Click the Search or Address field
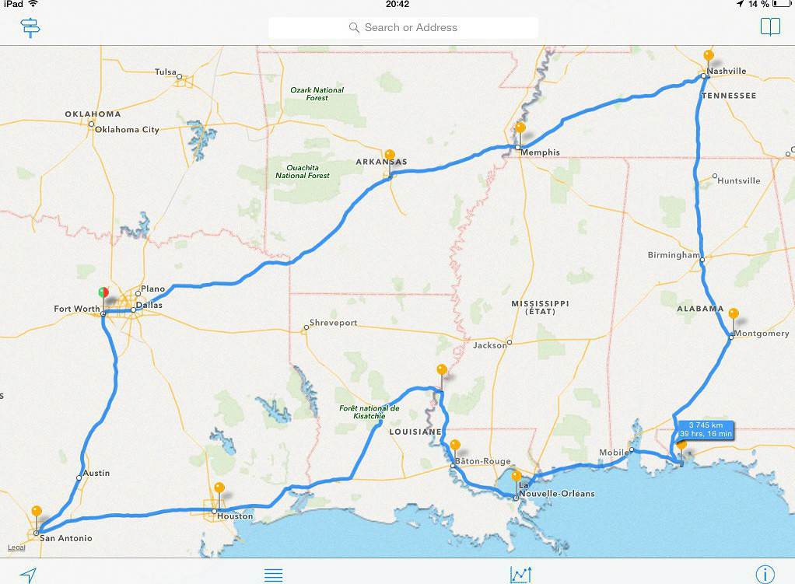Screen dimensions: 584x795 tap(403, 28)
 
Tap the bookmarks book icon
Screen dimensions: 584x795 tap(769, 27)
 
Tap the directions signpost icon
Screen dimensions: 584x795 tap(30, 28)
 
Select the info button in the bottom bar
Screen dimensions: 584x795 tap(765, 574)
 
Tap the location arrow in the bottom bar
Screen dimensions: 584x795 tap(28, 575)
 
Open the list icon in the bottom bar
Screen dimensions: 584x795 tap(273, 575)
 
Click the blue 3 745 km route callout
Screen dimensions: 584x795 tap(706, 429)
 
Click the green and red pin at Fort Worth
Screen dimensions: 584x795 tap(103, 294)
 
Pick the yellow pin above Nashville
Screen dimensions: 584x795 tap(709, 57)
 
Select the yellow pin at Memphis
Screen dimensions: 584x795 tap(520, 128)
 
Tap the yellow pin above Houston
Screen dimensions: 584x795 tap(219, 489)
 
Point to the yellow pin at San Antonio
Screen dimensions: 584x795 tap(37, 512)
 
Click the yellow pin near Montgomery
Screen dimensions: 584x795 tap(733, 314)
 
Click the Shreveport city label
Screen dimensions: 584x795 tap(333, 323)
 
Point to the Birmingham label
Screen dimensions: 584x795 tap(674, 255)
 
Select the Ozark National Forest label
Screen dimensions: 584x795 tap(317, 94)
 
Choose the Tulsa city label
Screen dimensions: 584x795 tap(165, 72)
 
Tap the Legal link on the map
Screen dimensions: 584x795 tap(16, 547)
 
